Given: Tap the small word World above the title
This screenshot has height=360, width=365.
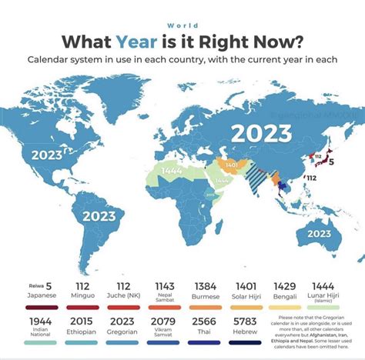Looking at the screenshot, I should coord(182,25).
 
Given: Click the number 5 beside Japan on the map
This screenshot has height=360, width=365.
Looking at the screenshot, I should coord(331,162).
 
